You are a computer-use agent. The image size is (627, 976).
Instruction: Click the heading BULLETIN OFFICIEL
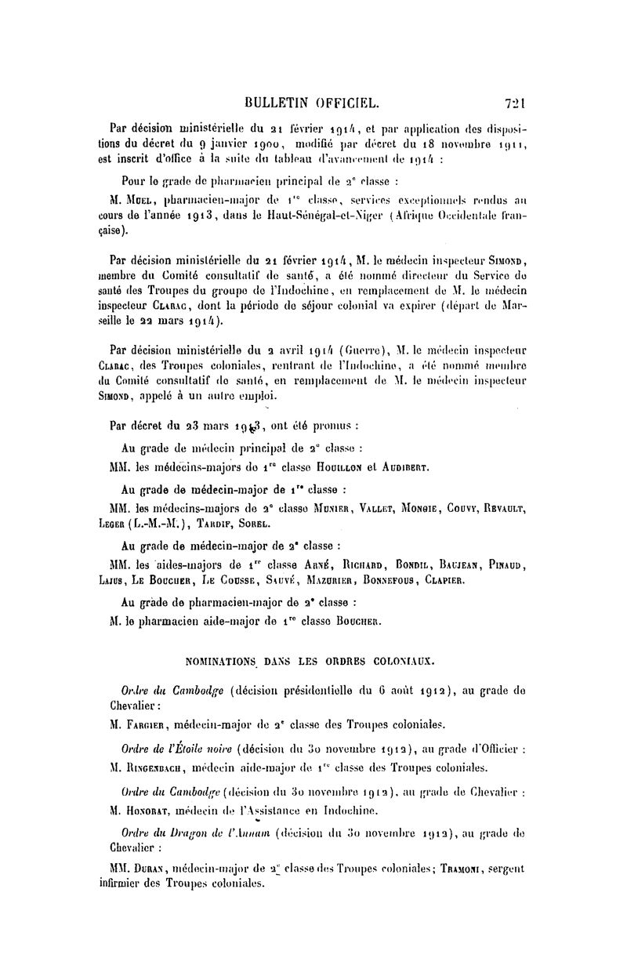coord(313,102)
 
